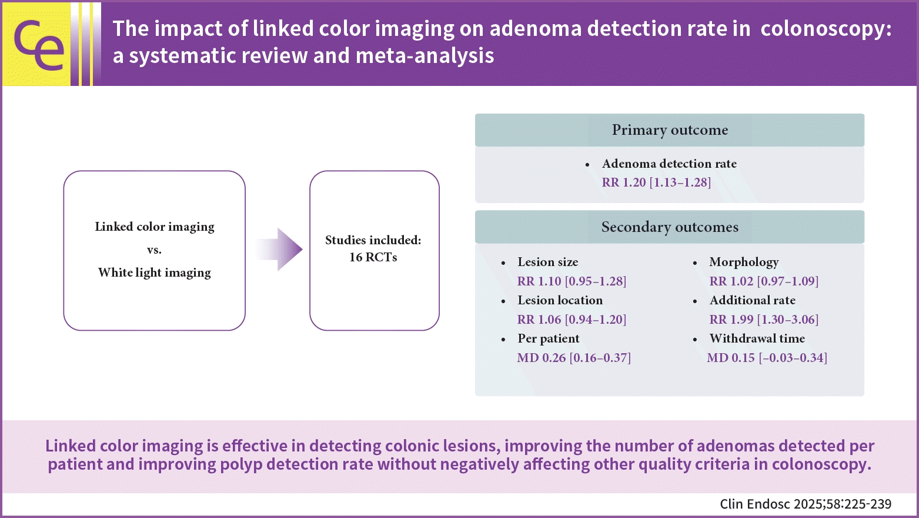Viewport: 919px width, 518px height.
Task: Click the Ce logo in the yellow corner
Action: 39,45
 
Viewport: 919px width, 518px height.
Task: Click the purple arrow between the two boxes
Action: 279,250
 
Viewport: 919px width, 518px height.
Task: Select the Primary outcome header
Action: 670,130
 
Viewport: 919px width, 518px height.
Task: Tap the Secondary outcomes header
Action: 670,227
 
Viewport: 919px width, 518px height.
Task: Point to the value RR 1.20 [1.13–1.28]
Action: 656,182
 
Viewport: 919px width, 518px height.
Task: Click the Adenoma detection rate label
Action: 669,164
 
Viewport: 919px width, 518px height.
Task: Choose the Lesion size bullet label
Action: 548,262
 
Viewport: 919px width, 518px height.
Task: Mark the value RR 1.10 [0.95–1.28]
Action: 572,281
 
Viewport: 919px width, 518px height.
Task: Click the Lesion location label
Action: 560,300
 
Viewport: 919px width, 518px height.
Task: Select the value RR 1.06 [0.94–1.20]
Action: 572,320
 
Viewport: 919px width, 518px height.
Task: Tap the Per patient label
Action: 549,338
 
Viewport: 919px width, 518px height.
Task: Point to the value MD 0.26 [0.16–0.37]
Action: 574,358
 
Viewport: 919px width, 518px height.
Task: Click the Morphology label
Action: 744,263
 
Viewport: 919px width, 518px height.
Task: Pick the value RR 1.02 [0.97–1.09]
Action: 764,281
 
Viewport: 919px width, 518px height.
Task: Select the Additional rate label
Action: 753,300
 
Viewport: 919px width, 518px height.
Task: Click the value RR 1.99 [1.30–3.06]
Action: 764,320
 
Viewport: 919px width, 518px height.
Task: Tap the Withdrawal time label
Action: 757,338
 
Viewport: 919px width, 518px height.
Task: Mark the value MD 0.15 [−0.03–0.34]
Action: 767,358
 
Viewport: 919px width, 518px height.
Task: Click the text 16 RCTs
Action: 373,257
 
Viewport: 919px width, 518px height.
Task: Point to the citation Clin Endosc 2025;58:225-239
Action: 806,504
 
